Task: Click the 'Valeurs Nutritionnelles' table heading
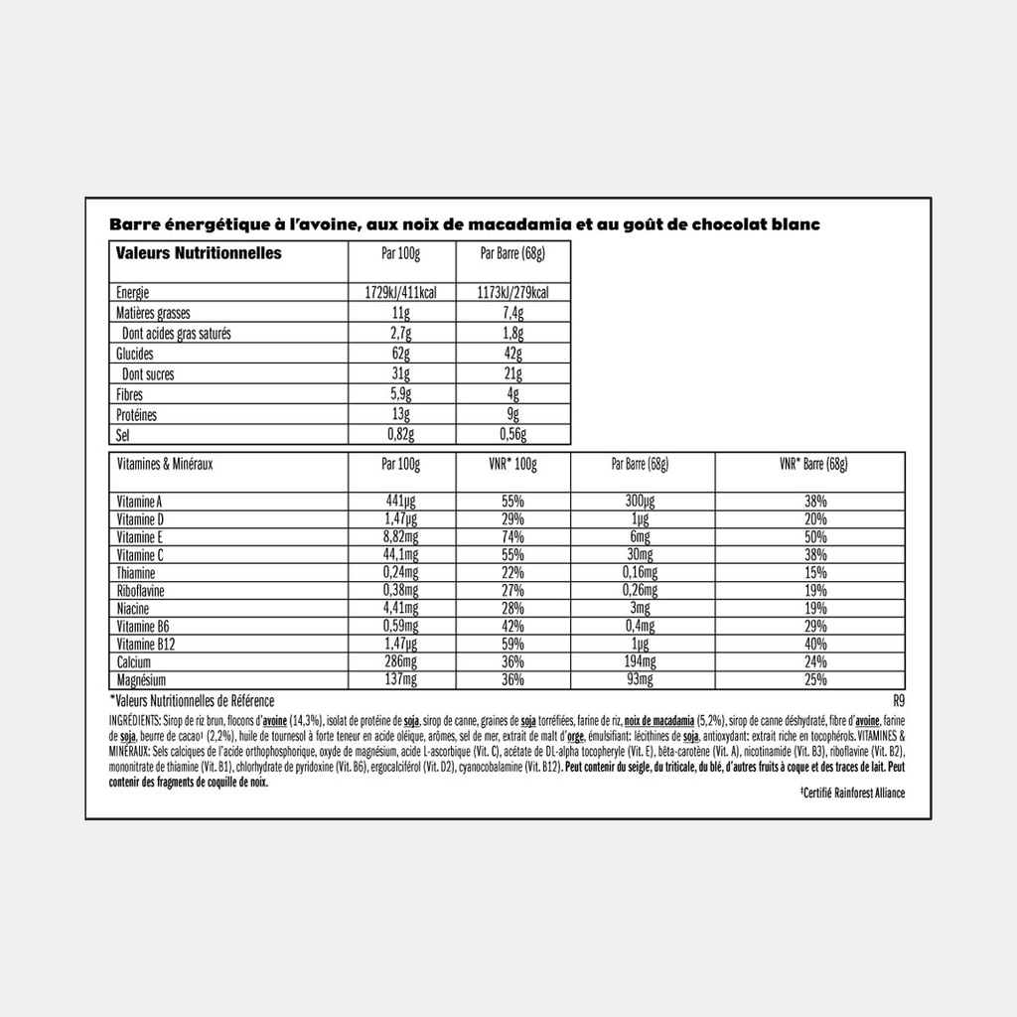pyautogui.click(x=199, y=253)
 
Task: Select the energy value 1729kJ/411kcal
pyautogui.click(x=401, y=293)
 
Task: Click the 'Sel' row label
pyautogui.click(x=123, y=435)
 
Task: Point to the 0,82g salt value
pyautogui.click(x=401, y=435)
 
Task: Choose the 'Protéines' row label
pyautogui.click(x=137, y=415)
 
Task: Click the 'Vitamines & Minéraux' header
pyautogui.click(x=166, y=464)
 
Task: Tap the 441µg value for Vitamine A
pyautogui.click(x=401, y=503)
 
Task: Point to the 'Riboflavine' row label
pyautogui.click(x=141, y=592)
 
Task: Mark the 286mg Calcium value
pyautogui.click(x=401, y=663)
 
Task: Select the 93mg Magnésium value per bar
pyautogui.click(x=640, y=681)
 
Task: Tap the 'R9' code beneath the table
pyautogui.click(x=900, y=701)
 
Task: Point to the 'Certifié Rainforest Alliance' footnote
pyautogui.click(x=852, y=793)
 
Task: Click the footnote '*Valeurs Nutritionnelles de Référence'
pyautogui.click(x=192, y=701)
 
